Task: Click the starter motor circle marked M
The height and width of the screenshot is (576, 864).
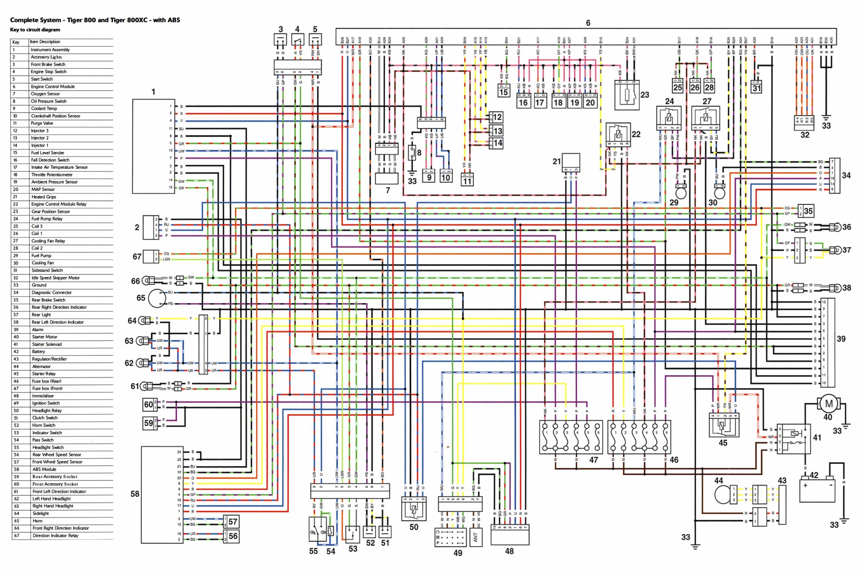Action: (828, 404)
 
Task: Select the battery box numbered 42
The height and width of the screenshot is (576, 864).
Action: (817, 491)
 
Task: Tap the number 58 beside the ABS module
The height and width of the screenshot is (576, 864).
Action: (135, 494)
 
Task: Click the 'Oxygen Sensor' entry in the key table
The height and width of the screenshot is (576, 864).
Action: (45, 94)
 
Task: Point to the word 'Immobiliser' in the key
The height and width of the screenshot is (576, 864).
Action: (43, 396)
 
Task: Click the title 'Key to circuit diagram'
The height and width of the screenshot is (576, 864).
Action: (35, 30)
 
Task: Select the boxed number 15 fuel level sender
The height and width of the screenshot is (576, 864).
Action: (504, 92)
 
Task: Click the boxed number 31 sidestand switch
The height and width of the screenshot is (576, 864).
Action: (757, 88)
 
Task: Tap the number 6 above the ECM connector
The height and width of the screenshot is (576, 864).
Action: (588, 23)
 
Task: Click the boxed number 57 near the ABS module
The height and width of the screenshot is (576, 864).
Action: (233, 522)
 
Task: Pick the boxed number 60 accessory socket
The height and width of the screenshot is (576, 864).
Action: (148, 405)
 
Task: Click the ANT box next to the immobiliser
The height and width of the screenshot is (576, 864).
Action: (476, 537)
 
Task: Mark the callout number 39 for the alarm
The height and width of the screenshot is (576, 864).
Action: (841, 339)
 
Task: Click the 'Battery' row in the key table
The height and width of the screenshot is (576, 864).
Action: (39, 352)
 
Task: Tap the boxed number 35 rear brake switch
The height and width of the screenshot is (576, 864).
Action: (808, 211)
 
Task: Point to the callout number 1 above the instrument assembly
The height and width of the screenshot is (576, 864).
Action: (153, 92)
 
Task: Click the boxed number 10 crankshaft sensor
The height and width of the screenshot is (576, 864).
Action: (445, 177)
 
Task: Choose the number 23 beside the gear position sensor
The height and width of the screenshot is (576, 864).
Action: (644, 95)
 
